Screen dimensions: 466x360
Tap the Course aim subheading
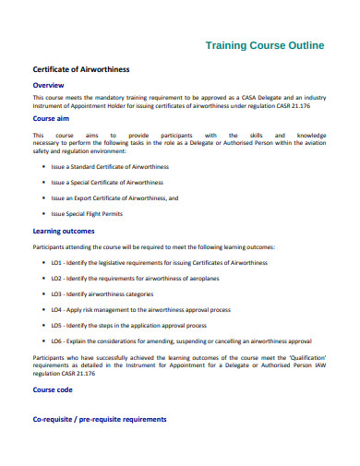click(54, 118)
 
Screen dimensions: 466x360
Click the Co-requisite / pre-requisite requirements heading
click(100, 419)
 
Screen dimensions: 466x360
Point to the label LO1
click(57, 263)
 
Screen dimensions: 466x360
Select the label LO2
click(57, 277)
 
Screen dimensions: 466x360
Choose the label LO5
click(57, 325)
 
